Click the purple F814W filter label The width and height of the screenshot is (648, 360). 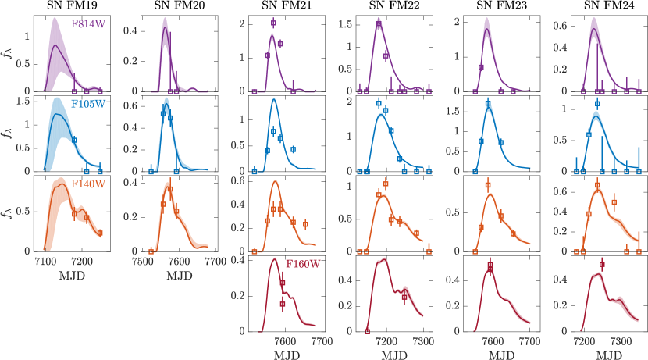tap(87, 23)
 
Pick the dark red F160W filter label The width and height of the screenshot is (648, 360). tap(301, 266)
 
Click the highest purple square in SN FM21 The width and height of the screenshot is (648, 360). tap(273, 23)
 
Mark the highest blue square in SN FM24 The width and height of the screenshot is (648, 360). tap(597, 104)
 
